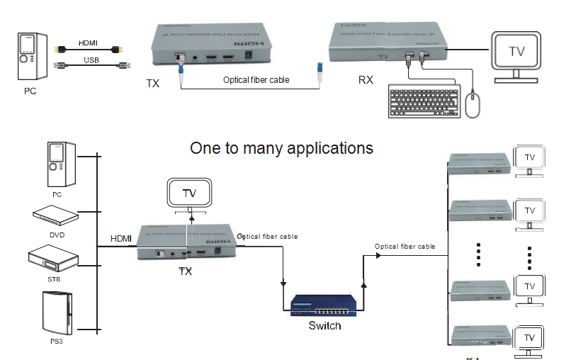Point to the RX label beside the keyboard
click(x=366, y=80)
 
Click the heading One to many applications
click(x=281, y=148)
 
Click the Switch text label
click(x=324, y=326)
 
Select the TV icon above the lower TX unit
click(x=189, y=193)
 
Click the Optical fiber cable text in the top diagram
click(x=256, y=80)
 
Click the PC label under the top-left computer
click(x=30, y=91)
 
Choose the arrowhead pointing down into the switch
click(x=283, y=281)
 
